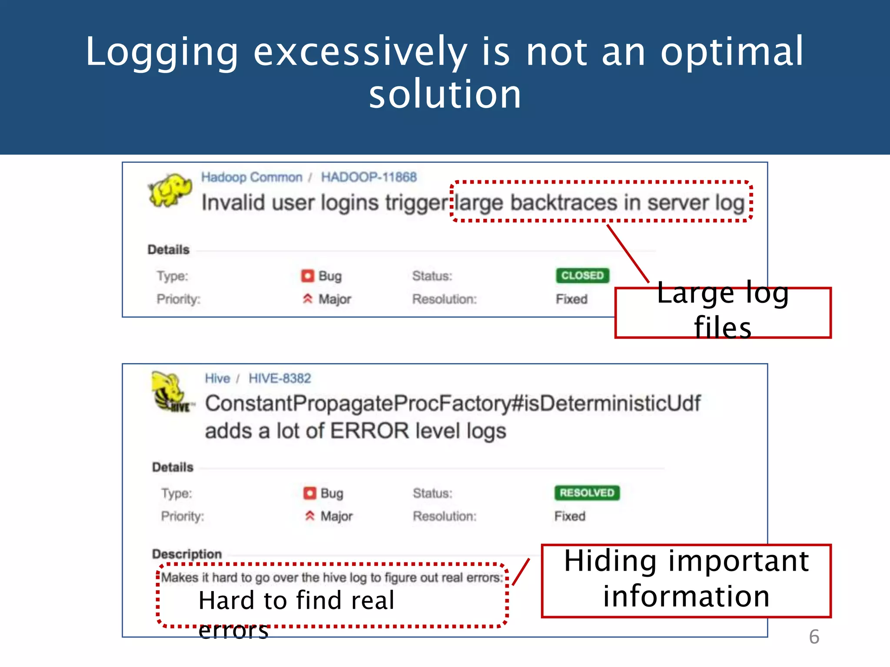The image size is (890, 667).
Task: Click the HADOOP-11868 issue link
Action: coord(369,177)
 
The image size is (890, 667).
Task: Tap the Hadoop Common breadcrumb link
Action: coord(252,177)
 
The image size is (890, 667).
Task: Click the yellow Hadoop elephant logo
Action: coord(170,190)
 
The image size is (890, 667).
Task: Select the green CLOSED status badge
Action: coord(582,276)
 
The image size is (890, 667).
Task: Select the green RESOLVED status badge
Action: coord(587,493)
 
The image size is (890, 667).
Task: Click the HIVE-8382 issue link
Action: coord(280,378)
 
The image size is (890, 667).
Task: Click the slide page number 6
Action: coord(814,637)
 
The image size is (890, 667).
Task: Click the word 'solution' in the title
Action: coord(445,94)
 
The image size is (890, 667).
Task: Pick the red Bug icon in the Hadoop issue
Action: coord(308,276)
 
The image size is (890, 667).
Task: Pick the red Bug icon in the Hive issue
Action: coord(310,493)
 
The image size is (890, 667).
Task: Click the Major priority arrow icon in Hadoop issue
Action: coord(308,299)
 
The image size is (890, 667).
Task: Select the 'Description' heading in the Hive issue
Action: coord(187,554)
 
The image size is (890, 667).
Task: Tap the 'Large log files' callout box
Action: coord(723,312)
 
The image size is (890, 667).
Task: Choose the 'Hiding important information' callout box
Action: coord(686,580)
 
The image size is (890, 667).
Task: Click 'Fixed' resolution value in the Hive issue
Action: coord(570,516)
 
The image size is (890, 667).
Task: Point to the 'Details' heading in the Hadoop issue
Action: coord(169,250)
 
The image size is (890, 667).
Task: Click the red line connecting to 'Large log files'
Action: coord(628,253)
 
